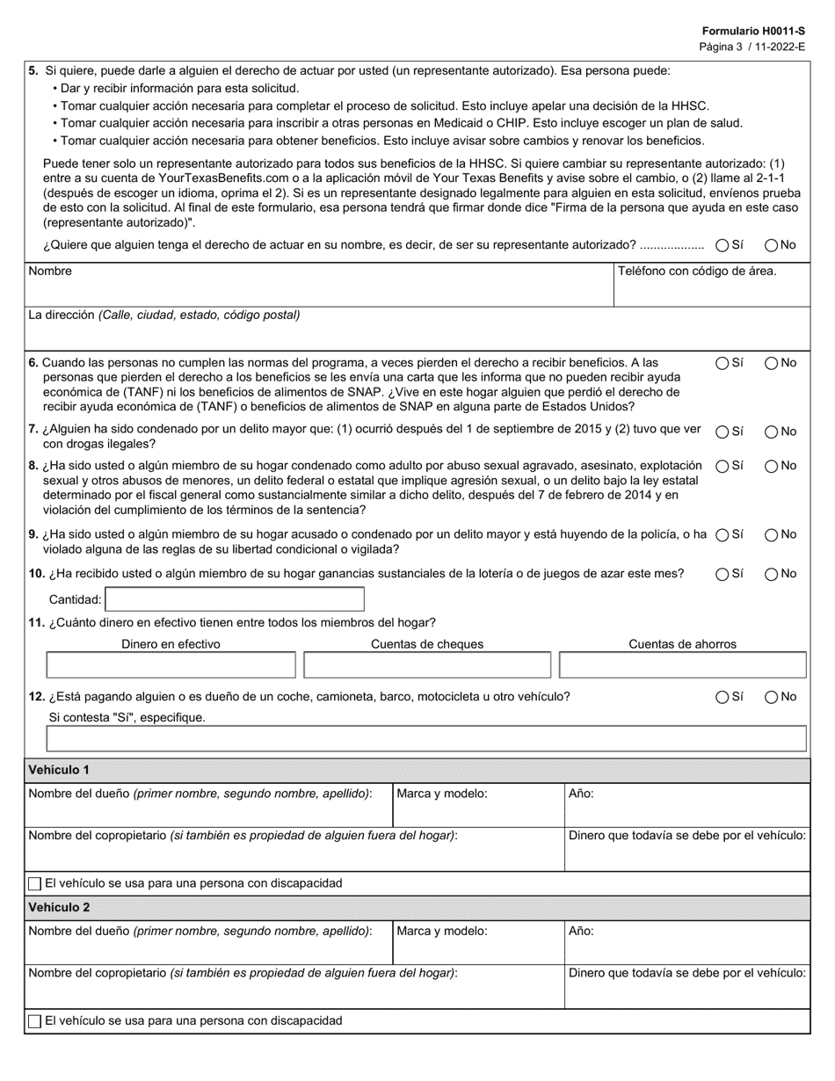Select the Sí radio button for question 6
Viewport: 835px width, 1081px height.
(x=722, y=363)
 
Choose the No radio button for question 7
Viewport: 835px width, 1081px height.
(x=771, y=432)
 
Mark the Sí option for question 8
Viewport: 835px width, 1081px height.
(x=722, y=466)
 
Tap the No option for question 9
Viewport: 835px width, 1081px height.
(x=771, y=534)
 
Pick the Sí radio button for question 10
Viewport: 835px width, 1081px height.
(x=722, y=574)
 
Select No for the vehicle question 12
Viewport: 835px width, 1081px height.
(x=771, y=697)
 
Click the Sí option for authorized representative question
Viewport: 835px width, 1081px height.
(x=722, y=245)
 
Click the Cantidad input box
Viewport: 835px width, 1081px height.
(x=235, y=599)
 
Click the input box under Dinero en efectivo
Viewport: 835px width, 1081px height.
(x=171, y=665)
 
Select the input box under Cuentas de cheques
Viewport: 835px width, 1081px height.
(x=427, y=665)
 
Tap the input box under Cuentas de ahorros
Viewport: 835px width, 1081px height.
(x=682, y=665)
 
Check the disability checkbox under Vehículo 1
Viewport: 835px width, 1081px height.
(x=35, y=883)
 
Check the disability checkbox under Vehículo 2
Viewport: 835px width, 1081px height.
(x=35, y=1021)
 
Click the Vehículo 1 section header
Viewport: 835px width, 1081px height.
(x=59, y=770)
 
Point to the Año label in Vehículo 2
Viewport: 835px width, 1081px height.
(x=581, y=931)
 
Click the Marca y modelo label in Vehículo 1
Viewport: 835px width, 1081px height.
(x=442, y=793)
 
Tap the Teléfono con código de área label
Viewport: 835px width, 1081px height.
(x=697, y=271)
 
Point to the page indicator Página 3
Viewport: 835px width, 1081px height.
(x=722, y=46)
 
